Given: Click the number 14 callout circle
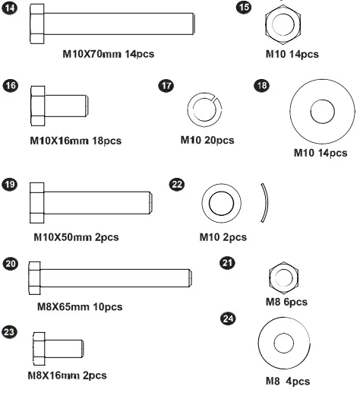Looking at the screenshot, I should [x=10, y=10].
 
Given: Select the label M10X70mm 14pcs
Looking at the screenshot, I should [x=109, y=55].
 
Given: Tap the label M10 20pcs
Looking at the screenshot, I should [x=207, y=140].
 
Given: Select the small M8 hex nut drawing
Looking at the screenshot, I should [x=282, y=277].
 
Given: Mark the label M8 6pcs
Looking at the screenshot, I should [x=285, y=302].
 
